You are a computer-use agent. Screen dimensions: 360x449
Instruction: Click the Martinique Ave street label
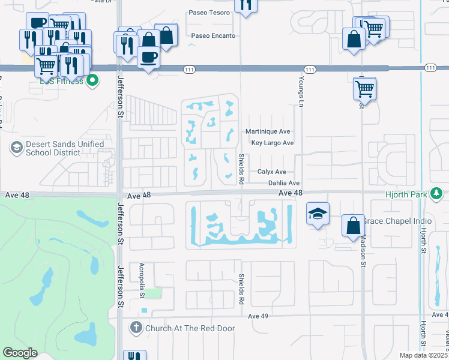268,132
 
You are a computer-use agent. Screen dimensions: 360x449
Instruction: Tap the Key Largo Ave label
273,143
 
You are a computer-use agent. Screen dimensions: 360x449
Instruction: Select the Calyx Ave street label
272,172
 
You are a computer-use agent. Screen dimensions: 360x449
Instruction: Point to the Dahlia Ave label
283,183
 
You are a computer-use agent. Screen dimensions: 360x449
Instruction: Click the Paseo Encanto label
212,35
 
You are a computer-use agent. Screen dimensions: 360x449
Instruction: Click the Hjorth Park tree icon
439,193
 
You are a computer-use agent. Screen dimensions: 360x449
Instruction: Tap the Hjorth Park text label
409,194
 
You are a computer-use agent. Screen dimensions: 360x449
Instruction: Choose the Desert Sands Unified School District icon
16,146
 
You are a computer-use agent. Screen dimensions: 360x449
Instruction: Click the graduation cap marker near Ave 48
318,213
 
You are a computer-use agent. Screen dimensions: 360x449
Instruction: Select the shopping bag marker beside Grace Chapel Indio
354,225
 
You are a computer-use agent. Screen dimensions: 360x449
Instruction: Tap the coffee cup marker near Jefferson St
149,57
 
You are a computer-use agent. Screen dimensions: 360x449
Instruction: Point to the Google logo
20,353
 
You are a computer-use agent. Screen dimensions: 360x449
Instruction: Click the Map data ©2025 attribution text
424,355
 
